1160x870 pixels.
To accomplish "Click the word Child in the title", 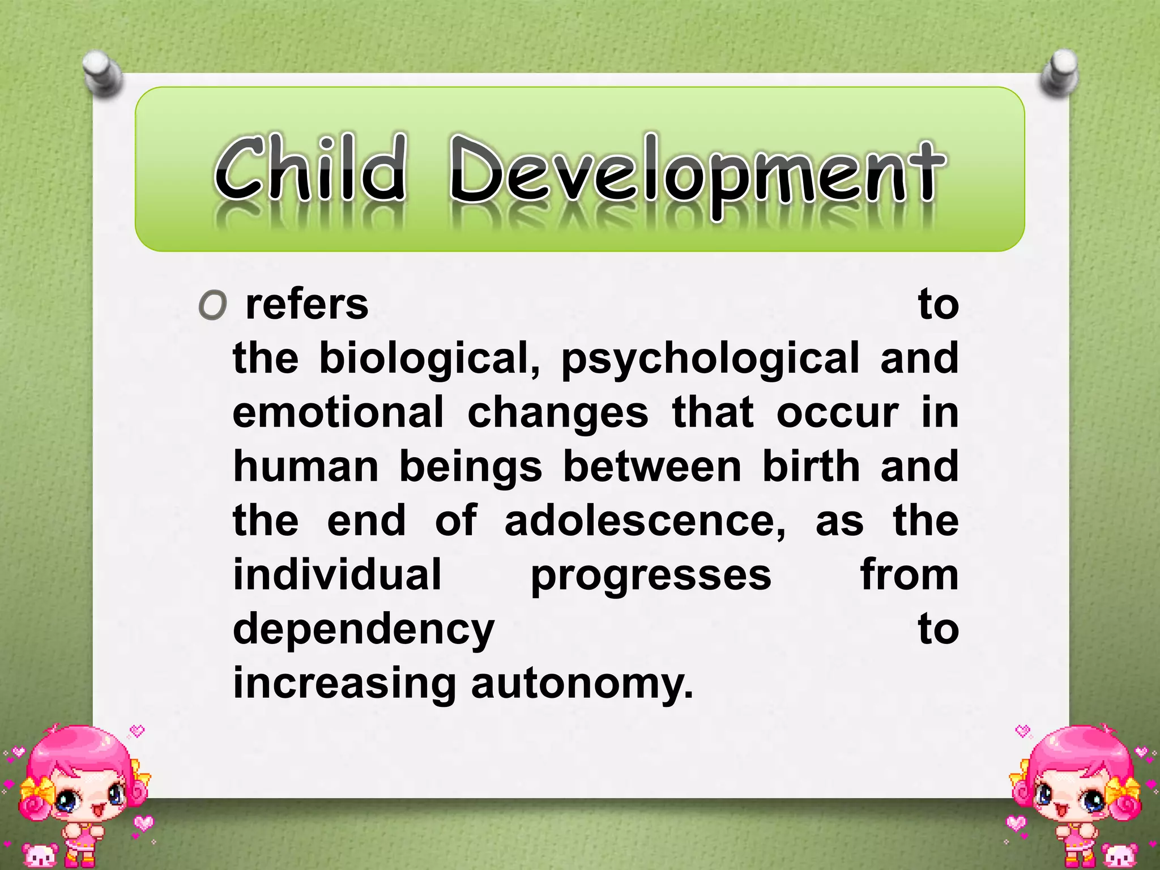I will [x=310, y=168].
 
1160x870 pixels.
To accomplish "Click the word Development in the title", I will [x=697, y=170].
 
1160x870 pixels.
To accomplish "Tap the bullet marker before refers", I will [x=213, y=306].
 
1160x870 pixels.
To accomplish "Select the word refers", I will [x=306, y=305].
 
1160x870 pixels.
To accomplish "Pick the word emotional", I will [x=338, y=412].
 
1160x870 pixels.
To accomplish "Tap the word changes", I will [x=557, y=413].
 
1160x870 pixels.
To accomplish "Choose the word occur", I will [x=837, y=412].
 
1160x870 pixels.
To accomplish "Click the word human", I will [x=306, y=467].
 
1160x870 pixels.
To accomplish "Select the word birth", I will [x=811, y=467].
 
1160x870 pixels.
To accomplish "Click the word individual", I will [x=337, y=575].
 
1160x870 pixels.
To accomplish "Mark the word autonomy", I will [x=582, y=684].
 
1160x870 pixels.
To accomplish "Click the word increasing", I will [x=344, y=684].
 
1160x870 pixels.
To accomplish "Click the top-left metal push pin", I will [x=102, y=74].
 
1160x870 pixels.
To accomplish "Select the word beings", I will [x=471, y=468].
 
